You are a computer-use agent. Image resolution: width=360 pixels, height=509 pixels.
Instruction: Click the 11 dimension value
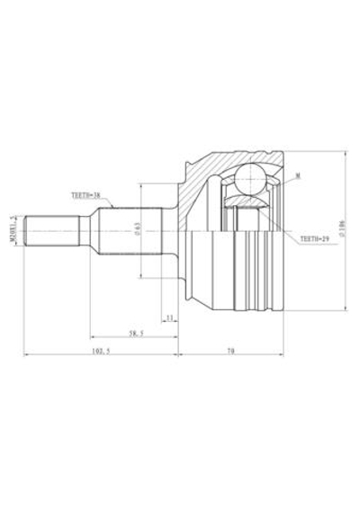tap(170, 317)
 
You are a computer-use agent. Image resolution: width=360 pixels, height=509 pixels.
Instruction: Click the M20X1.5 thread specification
tap(13, 230)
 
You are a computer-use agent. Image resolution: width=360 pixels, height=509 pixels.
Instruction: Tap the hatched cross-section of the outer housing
tap(200, 184)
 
